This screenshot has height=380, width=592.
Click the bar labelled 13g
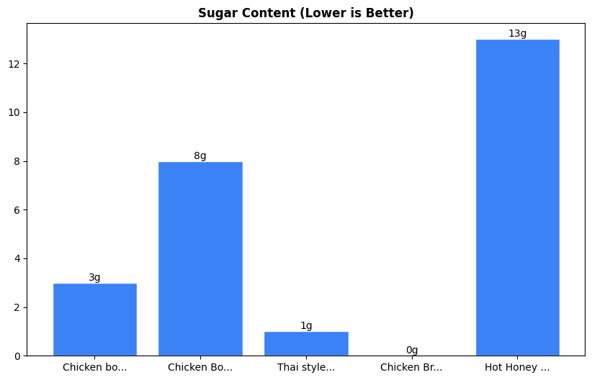pos(517,198)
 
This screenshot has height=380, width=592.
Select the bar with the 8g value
pos(200,259)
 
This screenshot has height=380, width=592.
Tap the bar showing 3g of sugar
pos(94,320)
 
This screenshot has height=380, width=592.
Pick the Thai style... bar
pos(306,344)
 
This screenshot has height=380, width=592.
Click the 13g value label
pos(517,34)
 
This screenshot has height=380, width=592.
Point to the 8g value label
pos(200,156)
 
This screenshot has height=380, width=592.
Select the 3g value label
pos(94,278)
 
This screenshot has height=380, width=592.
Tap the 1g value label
pos(306,326)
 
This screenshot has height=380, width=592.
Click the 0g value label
pos(412,350)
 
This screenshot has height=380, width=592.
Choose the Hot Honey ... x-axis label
pos(517,367)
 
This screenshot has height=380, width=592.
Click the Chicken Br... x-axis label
pos(411,367)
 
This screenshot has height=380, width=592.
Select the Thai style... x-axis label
pos(306,367)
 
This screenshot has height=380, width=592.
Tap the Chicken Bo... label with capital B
pos(200,367)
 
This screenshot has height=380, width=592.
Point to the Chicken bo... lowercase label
pos(94,367)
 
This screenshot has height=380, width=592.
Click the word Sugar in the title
pos(215,13)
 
